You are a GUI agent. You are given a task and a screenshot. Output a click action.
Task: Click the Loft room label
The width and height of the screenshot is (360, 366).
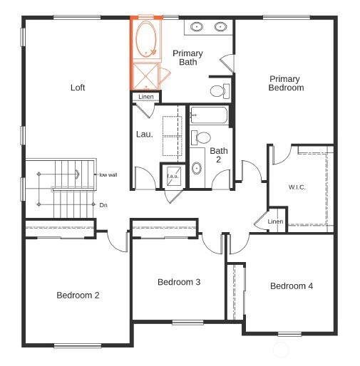point(78,88)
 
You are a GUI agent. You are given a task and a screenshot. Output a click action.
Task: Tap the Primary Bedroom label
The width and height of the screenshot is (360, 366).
point(285,83)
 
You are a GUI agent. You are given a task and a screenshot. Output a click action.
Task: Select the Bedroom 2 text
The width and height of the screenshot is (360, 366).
point(78,295)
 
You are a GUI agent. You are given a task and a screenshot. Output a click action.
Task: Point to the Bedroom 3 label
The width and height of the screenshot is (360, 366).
point(178,282)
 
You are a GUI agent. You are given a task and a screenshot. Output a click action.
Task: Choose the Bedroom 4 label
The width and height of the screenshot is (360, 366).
point(291,286)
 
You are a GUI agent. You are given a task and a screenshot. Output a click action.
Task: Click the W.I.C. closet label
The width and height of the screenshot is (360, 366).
point(298,187)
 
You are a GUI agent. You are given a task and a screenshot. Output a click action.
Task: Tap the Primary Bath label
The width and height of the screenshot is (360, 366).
point(187,58)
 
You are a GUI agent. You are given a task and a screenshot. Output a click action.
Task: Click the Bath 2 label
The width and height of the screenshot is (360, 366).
point(218,155)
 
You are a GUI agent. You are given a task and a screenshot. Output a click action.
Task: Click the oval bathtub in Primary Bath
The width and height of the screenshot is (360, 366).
point(148,40)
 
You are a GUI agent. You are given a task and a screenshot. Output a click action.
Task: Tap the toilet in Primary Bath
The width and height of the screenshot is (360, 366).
point(220,90)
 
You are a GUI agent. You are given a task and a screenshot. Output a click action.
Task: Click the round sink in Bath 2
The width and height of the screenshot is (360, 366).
point(197,168)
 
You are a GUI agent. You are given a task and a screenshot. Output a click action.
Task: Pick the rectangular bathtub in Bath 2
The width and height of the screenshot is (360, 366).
point(208,115)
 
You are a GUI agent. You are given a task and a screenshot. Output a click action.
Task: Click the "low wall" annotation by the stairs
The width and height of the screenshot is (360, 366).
point(108,174)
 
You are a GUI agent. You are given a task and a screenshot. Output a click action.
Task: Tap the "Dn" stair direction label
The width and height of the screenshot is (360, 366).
point(103,205)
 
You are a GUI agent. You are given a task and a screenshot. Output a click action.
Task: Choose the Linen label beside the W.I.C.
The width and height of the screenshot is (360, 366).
point(275,221)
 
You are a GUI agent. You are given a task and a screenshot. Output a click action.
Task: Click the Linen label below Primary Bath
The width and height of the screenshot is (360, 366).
point(145,97)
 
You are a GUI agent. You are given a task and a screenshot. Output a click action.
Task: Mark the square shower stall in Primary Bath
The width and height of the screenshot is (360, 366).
point(146,75)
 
